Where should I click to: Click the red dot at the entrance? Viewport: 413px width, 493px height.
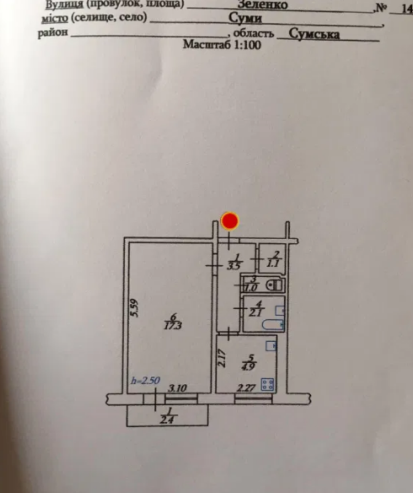coord(230,222)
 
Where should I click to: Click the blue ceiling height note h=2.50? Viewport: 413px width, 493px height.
coord(145,381)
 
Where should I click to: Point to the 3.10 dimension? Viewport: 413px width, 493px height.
coord(178,388)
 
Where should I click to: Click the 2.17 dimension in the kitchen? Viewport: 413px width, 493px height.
coord(224,359)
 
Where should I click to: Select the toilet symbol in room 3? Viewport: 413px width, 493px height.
coord(274,285)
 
